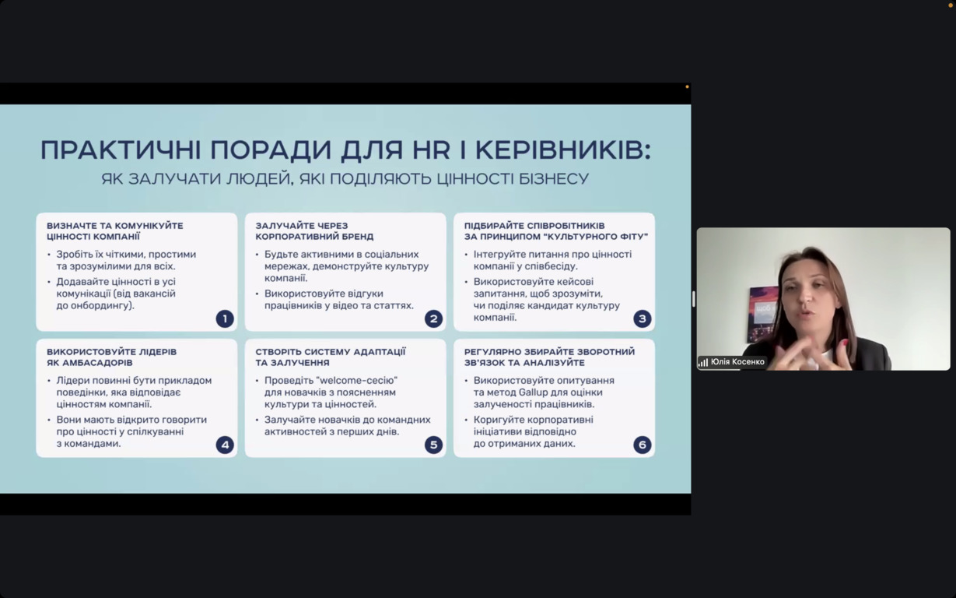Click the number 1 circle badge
point(225,318)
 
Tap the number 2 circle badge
point(433,318)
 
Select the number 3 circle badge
point(642,318)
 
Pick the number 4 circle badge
point(225,445)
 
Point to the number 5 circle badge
point(433,445)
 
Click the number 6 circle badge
point(642,445)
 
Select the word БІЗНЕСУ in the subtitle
point(554,178)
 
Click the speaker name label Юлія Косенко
point(737,362)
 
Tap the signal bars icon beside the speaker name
point(703,363)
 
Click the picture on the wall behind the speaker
point(762,314)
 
